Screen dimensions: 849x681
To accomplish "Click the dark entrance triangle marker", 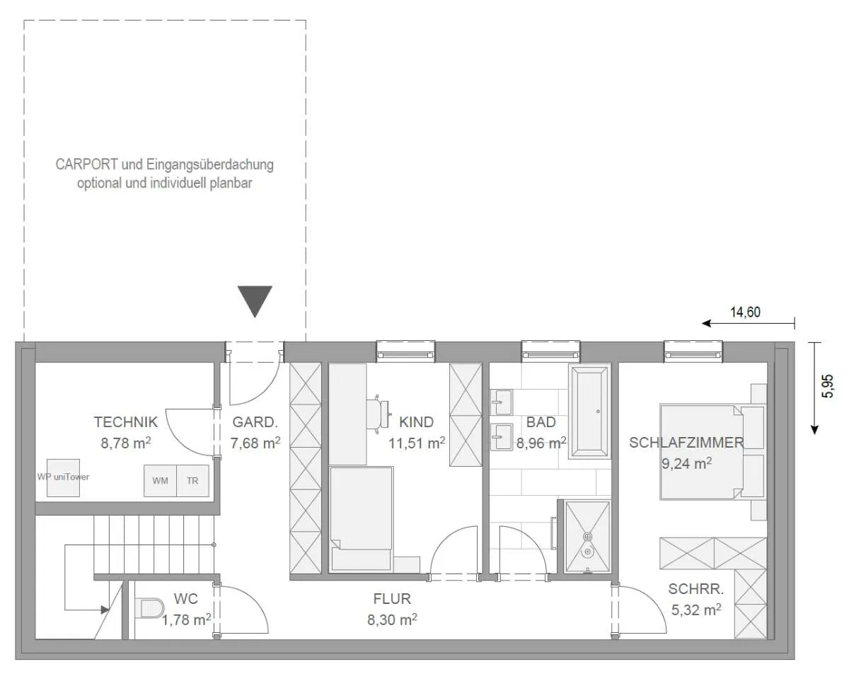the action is [255, 301].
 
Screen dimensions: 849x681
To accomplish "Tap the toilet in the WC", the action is [149, 608].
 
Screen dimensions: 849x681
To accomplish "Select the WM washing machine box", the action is [160, 481].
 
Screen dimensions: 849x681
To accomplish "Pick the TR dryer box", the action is [192, 481].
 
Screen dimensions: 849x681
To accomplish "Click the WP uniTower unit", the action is [63, 477].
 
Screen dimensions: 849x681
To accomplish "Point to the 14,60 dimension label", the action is [745, 313].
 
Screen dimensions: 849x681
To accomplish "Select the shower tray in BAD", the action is [587, 537].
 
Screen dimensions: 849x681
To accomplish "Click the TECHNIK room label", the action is [125, 422].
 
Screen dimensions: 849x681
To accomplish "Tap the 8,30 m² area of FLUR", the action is [392, 619].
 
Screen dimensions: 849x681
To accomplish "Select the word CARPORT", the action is [87, 165].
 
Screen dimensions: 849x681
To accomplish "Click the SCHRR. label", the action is [696, 589].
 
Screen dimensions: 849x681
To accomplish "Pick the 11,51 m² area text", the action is [417, 443].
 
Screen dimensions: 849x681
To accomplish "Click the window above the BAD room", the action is [550, 351].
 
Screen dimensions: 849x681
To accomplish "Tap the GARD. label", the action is [255, 422].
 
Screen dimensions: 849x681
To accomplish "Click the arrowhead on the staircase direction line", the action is [105, 610].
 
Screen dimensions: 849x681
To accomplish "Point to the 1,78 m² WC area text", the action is [186, 619].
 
